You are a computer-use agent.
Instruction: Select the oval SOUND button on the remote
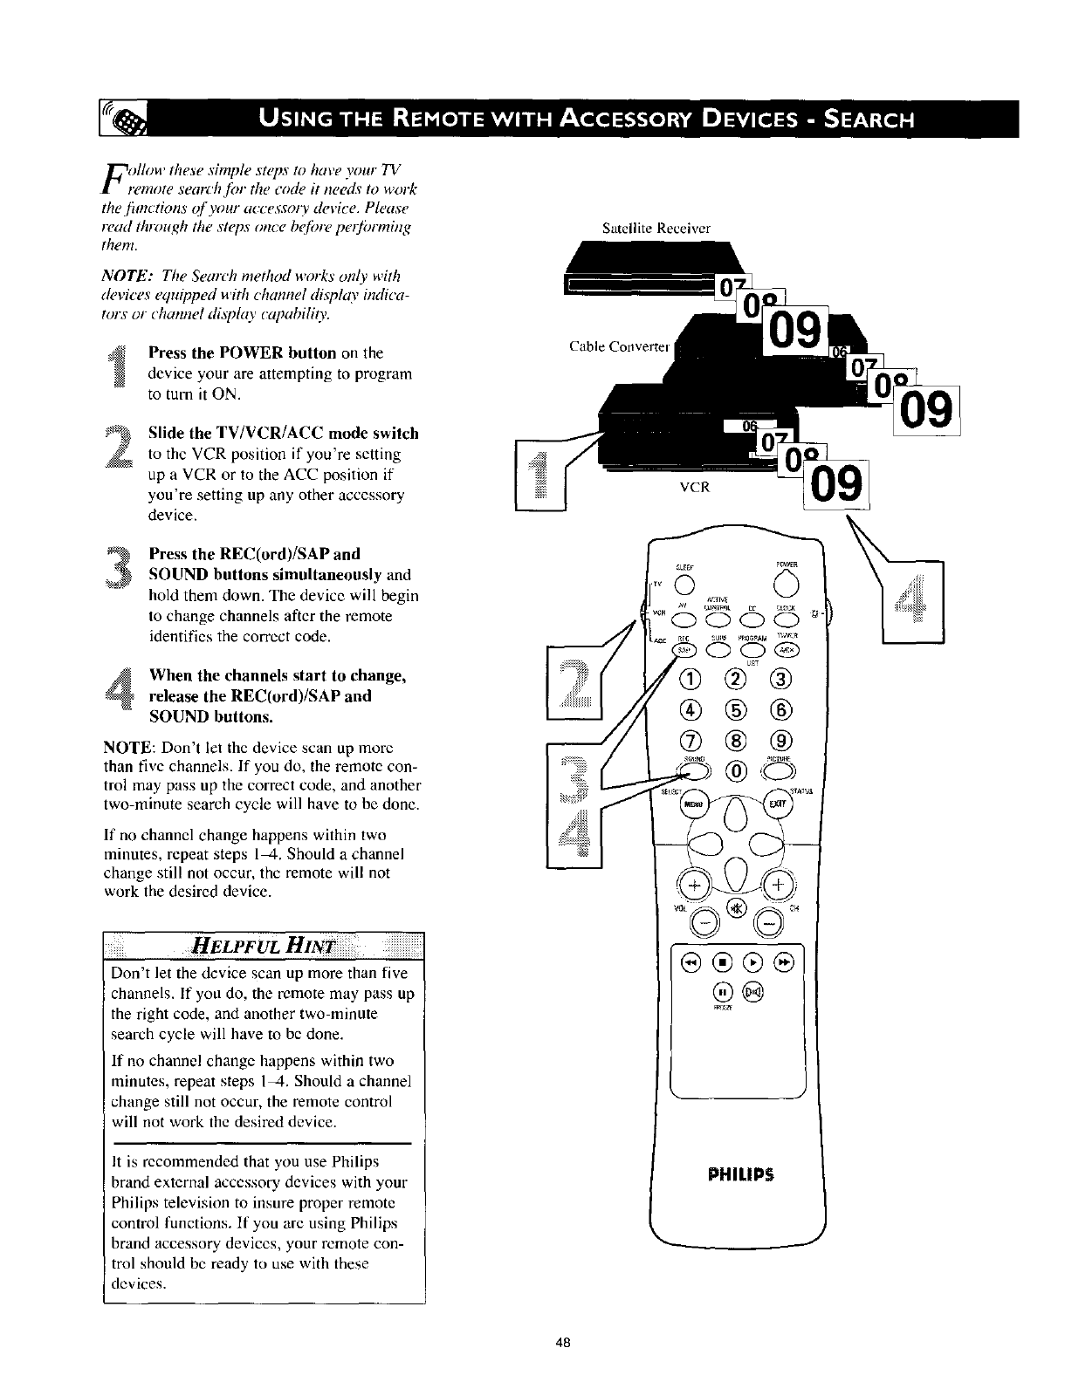coord(694,769)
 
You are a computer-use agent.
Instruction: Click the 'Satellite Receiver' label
coord(644,229)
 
